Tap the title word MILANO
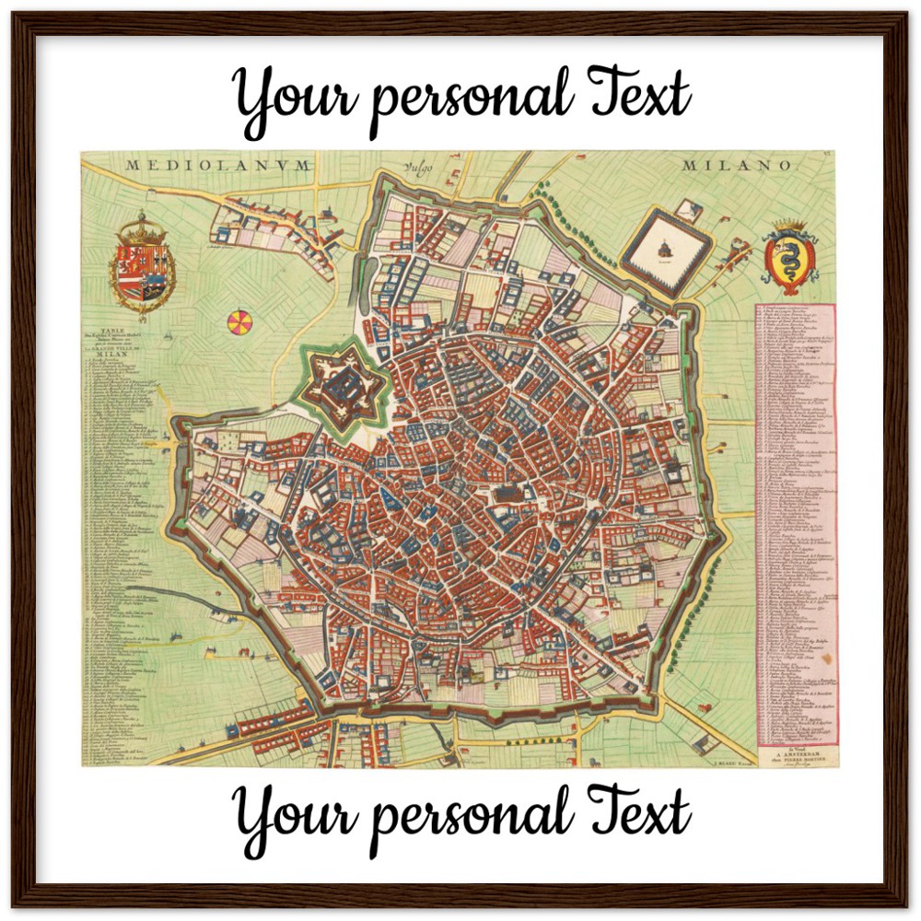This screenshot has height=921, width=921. click(737, 166)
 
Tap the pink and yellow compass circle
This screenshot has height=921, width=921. click(239, 322)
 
